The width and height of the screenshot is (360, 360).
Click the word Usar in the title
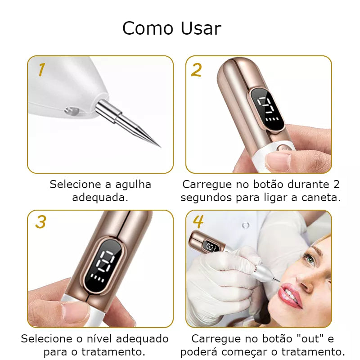click(x=201, y=28)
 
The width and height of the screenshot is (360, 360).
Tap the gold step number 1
click(x=41, y=69)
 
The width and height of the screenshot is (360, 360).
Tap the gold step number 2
click(x=196, y=70)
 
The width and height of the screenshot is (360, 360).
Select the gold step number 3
click(x=40, y=222)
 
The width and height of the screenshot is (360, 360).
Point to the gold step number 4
click(x=198, y=222)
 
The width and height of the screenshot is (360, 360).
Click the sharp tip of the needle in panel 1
click(x=161, y=147)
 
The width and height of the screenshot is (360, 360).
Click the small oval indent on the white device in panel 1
click(x=72, y=111)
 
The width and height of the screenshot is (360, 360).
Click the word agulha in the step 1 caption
click(x=133, y=185)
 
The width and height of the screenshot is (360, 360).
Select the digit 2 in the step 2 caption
click(x=336, y=184)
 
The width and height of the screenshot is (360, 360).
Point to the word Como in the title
click(x=148, y=28)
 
